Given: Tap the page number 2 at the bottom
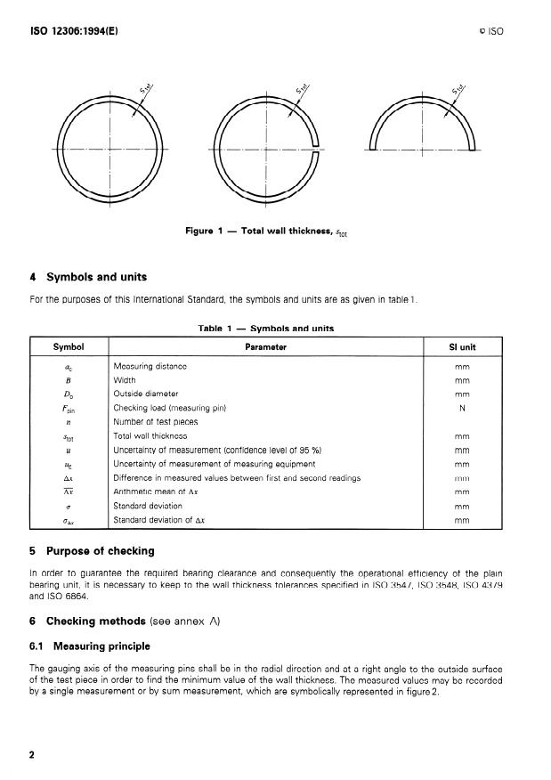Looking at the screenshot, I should [x=32, y=756].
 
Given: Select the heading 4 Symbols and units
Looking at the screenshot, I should [x=89, y=276].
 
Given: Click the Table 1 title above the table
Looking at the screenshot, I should [x=265, y=329].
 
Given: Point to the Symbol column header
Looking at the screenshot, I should [x=69, y=346].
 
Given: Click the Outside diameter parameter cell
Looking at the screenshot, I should [x=146, y=394].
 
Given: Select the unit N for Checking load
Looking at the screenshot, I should [x=462, y=408].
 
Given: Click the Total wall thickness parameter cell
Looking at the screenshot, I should [x=150, y=436].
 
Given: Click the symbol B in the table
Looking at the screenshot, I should [x=69, y=380].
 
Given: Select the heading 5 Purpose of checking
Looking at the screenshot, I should [x=92, y=550].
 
